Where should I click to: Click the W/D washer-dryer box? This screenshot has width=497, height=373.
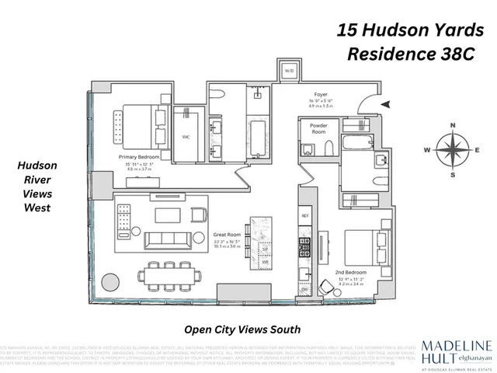pyautogui.click(x=289, y=71)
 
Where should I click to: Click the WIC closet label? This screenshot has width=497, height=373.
pyautogui.click(x=186, y=137)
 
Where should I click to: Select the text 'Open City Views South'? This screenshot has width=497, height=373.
pyautogui.click(x=242, y=329)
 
